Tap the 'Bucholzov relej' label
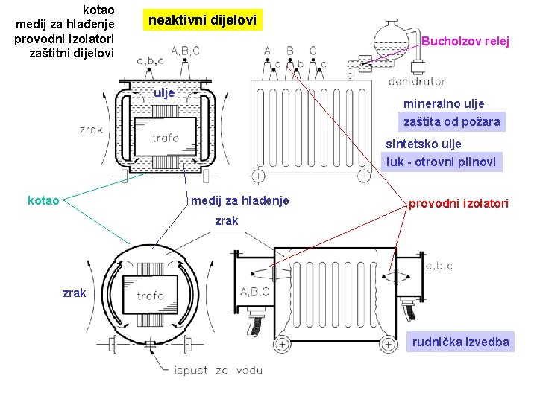(x=465, y=42)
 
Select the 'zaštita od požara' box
(x=451, y=121)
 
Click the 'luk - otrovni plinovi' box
(x=440, y=161)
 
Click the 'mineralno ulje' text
(x=444, y=103)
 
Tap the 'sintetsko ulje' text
(x=423, y=144)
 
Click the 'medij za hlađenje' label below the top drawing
(x=239, y=200)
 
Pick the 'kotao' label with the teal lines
(x=44, y=200)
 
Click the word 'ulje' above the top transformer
(x=163, y=93)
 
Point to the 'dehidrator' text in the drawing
(x=418, y=81)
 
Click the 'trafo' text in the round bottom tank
(x=151, y=295)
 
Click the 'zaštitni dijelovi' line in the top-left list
(x=71, y=53)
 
